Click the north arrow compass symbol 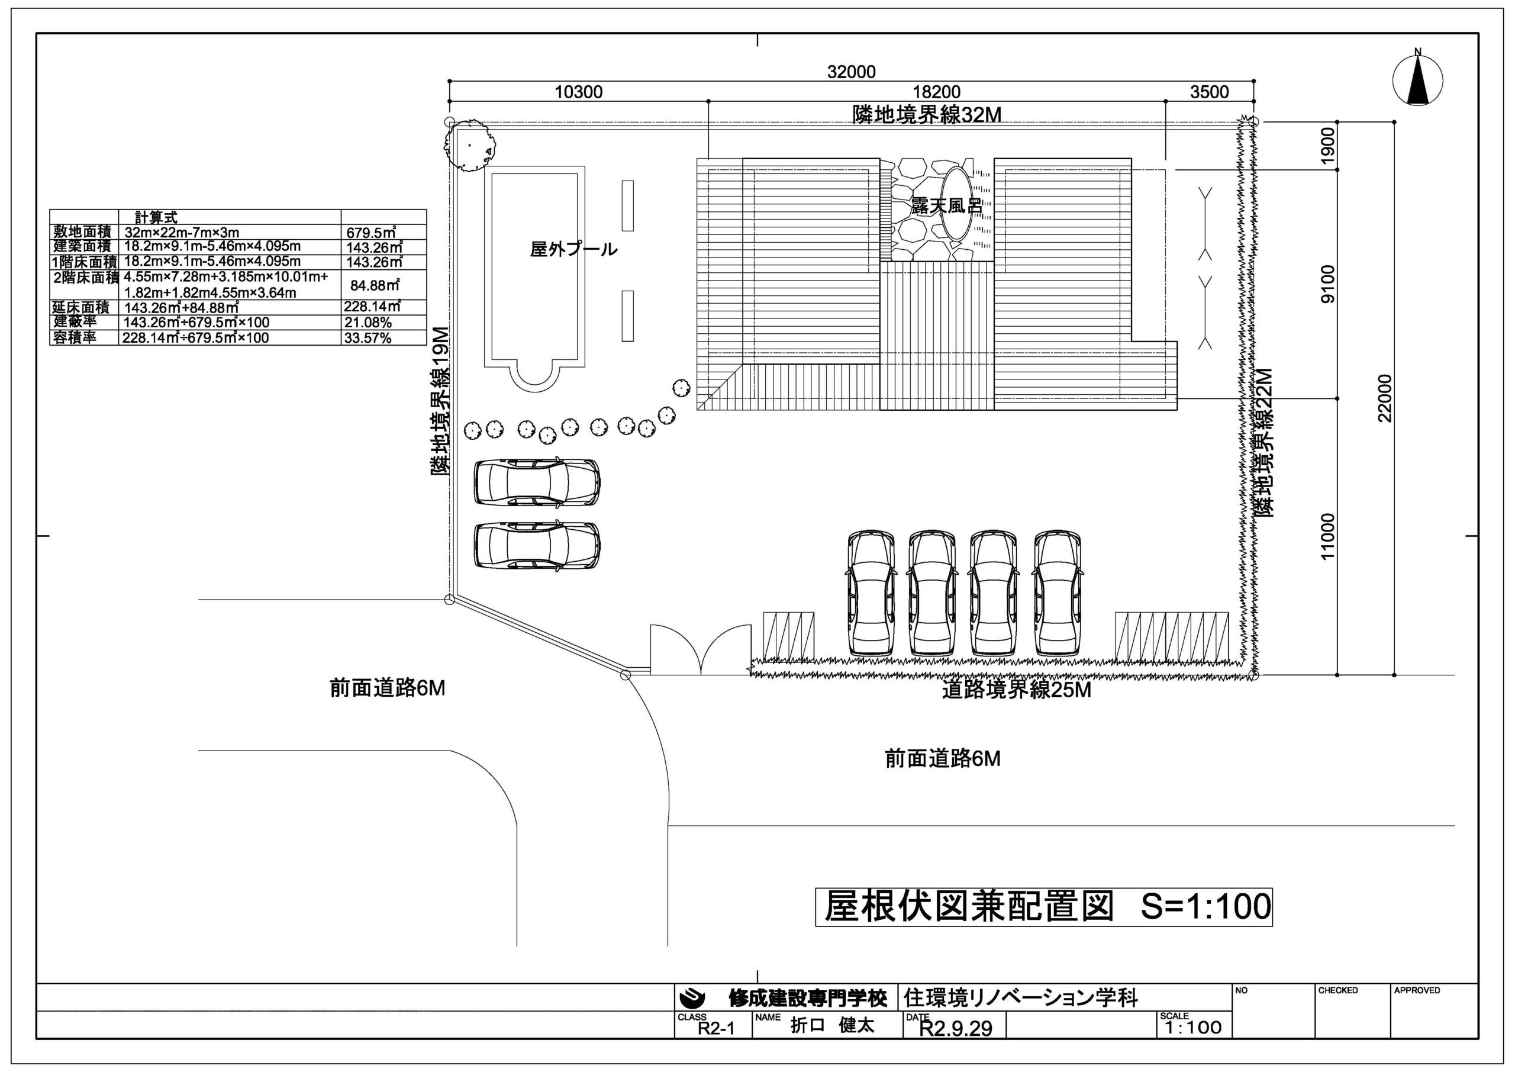[1417, 81]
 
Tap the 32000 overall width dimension [851, 72]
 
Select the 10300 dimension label [579, 92]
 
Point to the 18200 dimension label [936, 92]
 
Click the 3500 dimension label [1210, 92]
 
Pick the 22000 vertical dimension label [1385, 398]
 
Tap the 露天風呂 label [947, 206]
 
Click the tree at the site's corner [469, 145]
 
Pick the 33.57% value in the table [368, 338]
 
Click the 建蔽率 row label [75, 322]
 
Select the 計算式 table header [156, 217]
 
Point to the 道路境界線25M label [1016, 690]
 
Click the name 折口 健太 [833, 1026]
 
